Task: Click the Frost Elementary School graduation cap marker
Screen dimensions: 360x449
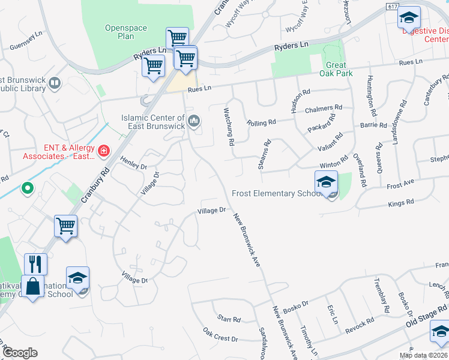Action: [326, 182]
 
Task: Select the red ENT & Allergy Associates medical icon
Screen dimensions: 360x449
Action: [104, 149]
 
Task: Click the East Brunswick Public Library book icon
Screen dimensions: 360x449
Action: [55, 83]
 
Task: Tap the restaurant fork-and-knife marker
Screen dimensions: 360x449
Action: [35, 264]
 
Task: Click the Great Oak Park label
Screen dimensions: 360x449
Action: [336, 70]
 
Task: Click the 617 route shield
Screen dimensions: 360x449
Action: [393, 6]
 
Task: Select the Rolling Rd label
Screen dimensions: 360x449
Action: [261, 122]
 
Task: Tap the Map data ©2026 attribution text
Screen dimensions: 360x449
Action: [424, 355]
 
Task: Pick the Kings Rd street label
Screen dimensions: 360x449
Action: [402, 203]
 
